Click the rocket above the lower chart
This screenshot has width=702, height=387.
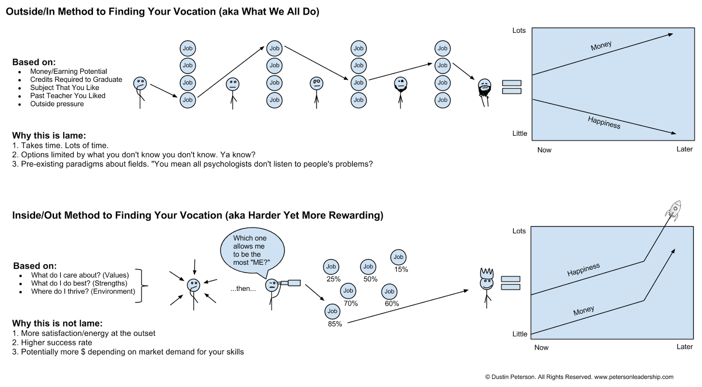[x=673, y=210]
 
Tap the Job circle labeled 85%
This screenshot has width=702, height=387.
[x=332, y=311]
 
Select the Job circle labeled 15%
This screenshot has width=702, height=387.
[x=398, y=257]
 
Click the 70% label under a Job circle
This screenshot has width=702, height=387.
[x=351, y=304]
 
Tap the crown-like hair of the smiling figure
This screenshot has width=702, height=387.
[x=487, y=273]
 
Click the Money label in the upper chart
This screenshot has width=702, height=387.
[x=601, y=46]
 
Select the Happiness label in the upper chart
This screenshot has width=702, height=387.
[x=604, y=123]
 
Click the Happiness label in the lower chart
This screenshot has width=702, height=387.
[x=584, y=270]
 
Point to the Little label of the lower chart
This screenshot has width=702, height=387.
[x=519, y=334]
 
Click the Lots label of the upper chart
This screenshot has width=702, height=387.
[x=519, y=30]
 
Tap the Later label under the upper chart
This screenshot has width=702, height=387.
[x=684, y=149]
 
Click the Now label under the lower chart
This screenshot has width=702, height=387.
[x=541, y=347]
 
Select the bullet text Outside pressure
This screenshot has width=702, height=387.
[x=57, y=104]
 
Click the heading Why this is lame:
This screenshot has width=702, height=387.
[x=49, y=136]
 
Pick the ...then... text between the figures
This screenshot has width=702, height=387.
[x=243, y=289]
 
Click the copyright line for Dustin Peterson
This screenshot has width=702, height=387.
[x=579, y=377]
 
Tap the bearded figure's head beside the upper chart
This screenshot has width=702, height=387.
[x=484, y=87]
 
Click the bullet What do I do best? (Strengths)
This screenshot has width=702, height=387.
[x=79, y=283]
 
